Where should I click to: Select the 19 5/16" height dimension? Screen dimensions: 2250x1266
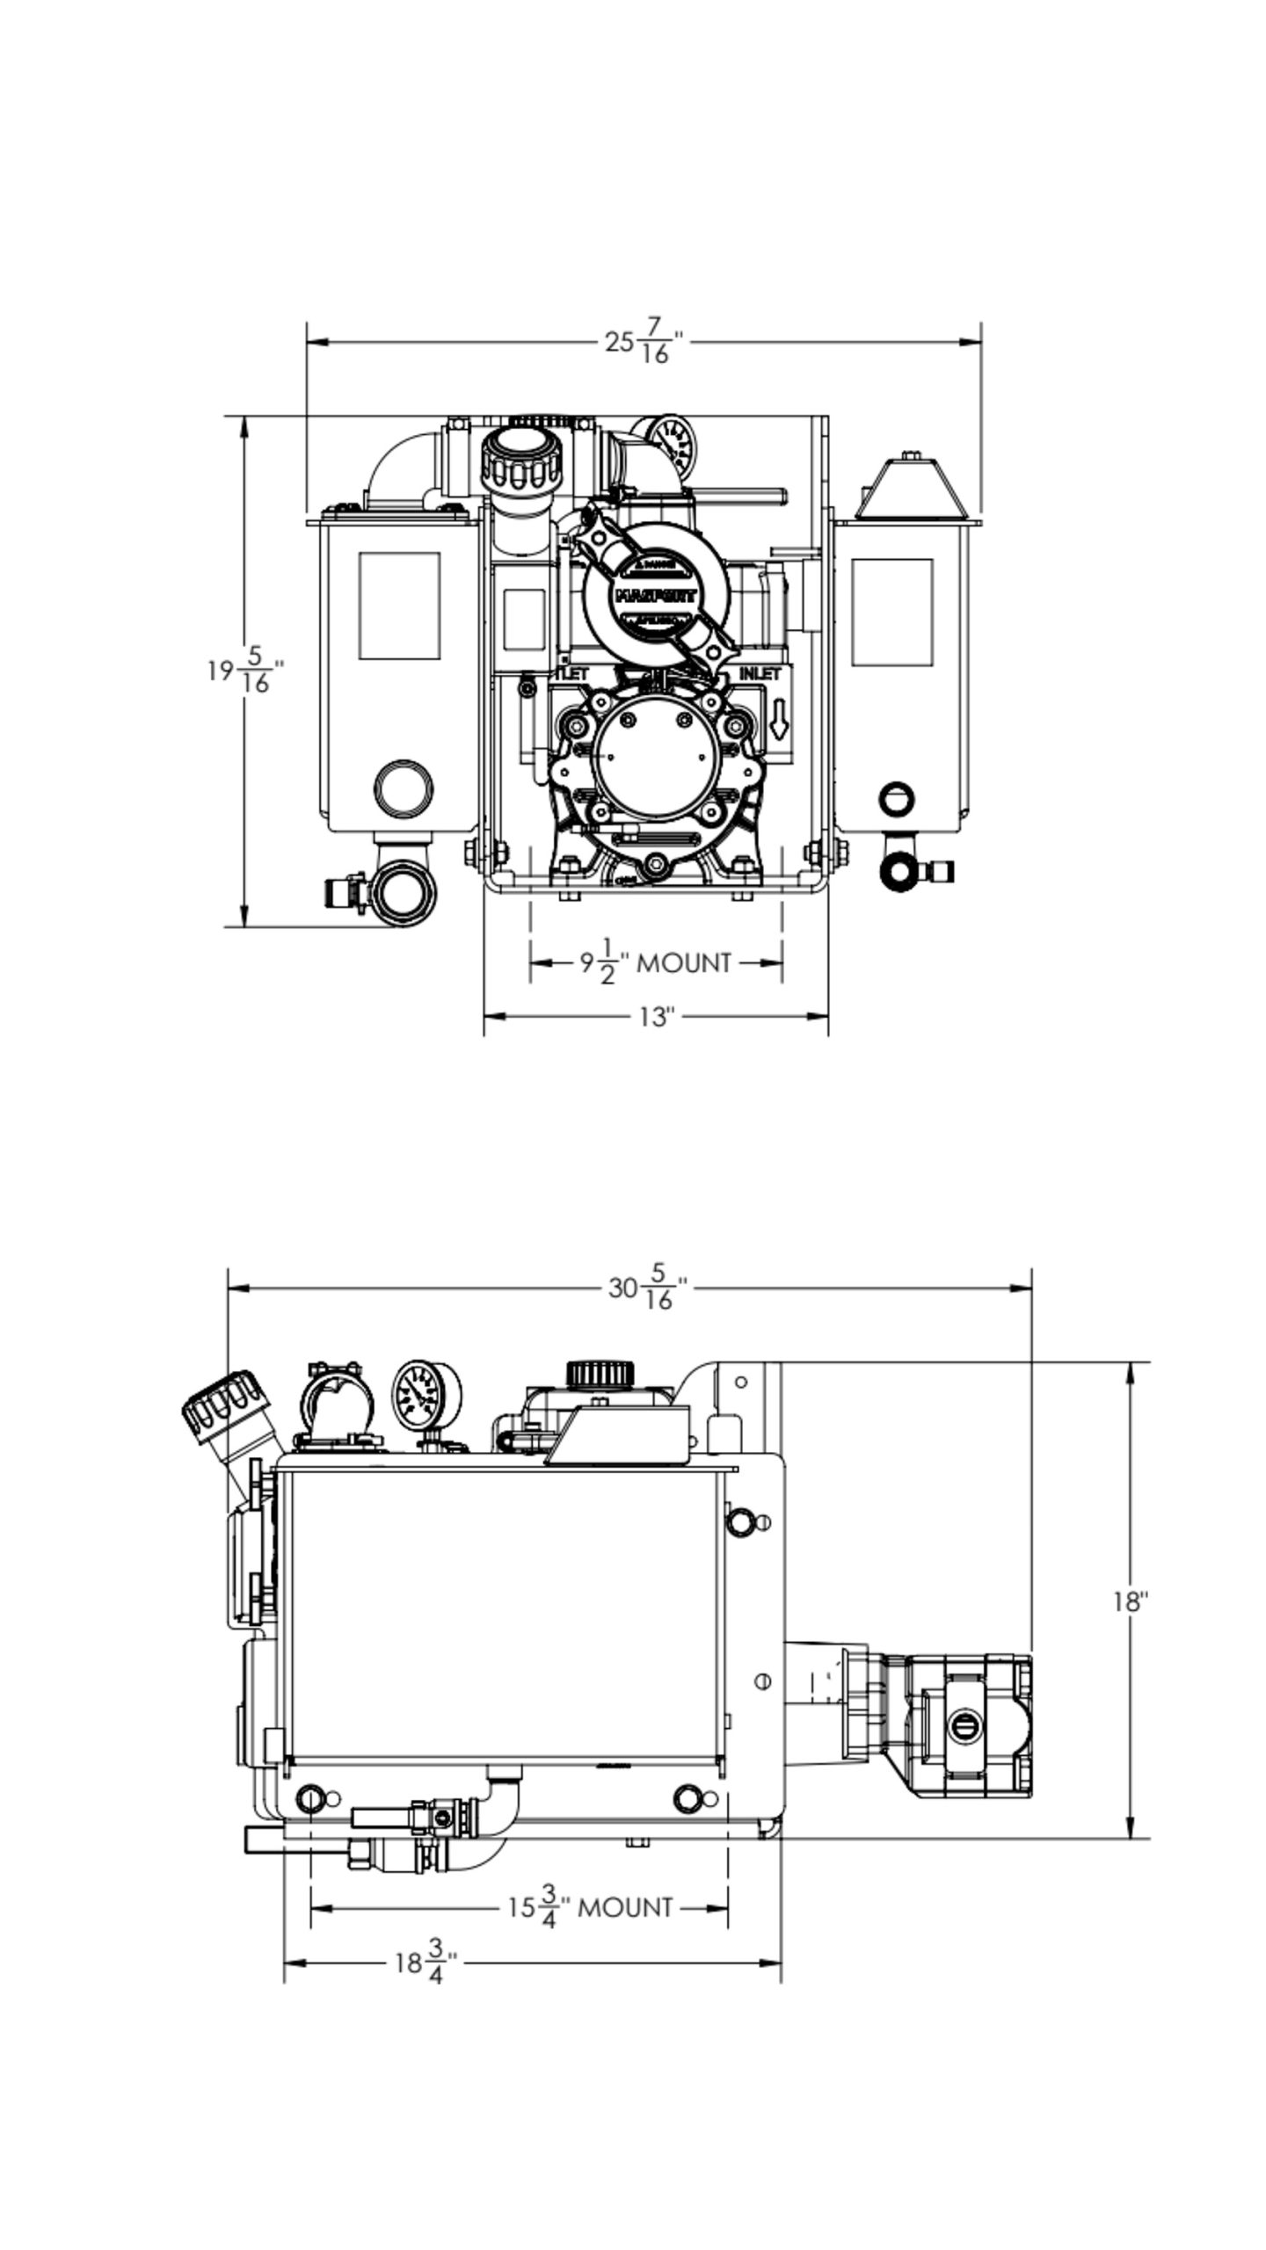pos(245,671)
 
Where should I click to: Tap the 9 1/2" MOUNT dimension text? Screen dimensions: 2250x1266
pos(655,962)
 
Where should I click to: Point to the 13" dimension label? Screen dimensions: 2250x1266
pos(655,1017)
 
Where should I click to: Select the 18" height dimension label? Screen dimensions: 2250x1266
pos(1131,1601)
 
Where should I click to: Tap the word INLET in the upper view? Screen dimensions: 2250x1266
pos(760,674)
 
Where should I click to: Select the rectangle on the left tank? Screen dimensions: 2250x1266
pos(399,606)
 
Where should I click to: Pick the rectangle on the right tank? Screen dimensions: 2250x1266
pos(891,611)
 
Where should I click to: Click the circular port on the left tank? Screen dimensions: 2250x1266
pos(403,787)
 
